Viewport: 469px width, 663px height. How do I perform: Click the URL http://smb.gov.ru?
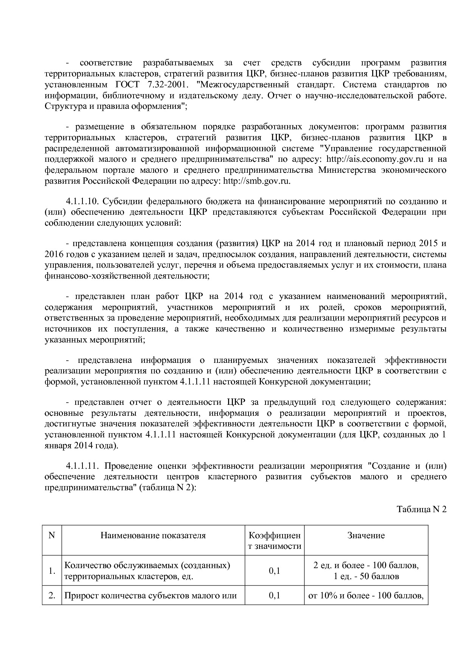click(x=257, y=181)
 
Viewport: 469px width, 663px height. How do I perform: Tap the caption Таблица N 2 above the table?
click(x=421, y=509)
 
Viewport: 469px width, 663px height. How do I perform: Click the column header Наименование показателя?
click(x=153, y=535)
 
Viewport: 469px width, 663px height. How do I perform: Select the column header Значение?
click(x=366, y=535)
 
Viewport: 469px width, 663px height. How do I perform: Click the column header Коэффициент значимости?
click(x=275, y=541)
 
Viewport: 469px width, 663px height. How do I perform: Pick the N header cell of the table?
click(x=52, y=535)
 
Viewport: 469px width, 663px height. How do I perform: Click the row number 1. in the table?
click(x=52, y=571)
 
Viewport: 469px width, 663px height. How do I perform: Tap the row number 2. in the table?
click(x=52, y=596)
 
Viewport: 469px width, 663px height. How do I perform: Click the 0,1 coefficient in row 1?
click(x=275, y=571)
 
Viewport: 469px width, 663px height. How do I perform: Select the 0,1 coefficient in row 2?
click(x=275, y=596)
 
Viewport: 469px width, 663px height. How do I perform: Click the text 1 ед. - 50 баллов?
click(x=366, y=576)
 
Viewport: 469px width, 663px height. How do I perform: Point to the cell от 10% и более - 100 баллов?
click(x=366, y=596)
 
